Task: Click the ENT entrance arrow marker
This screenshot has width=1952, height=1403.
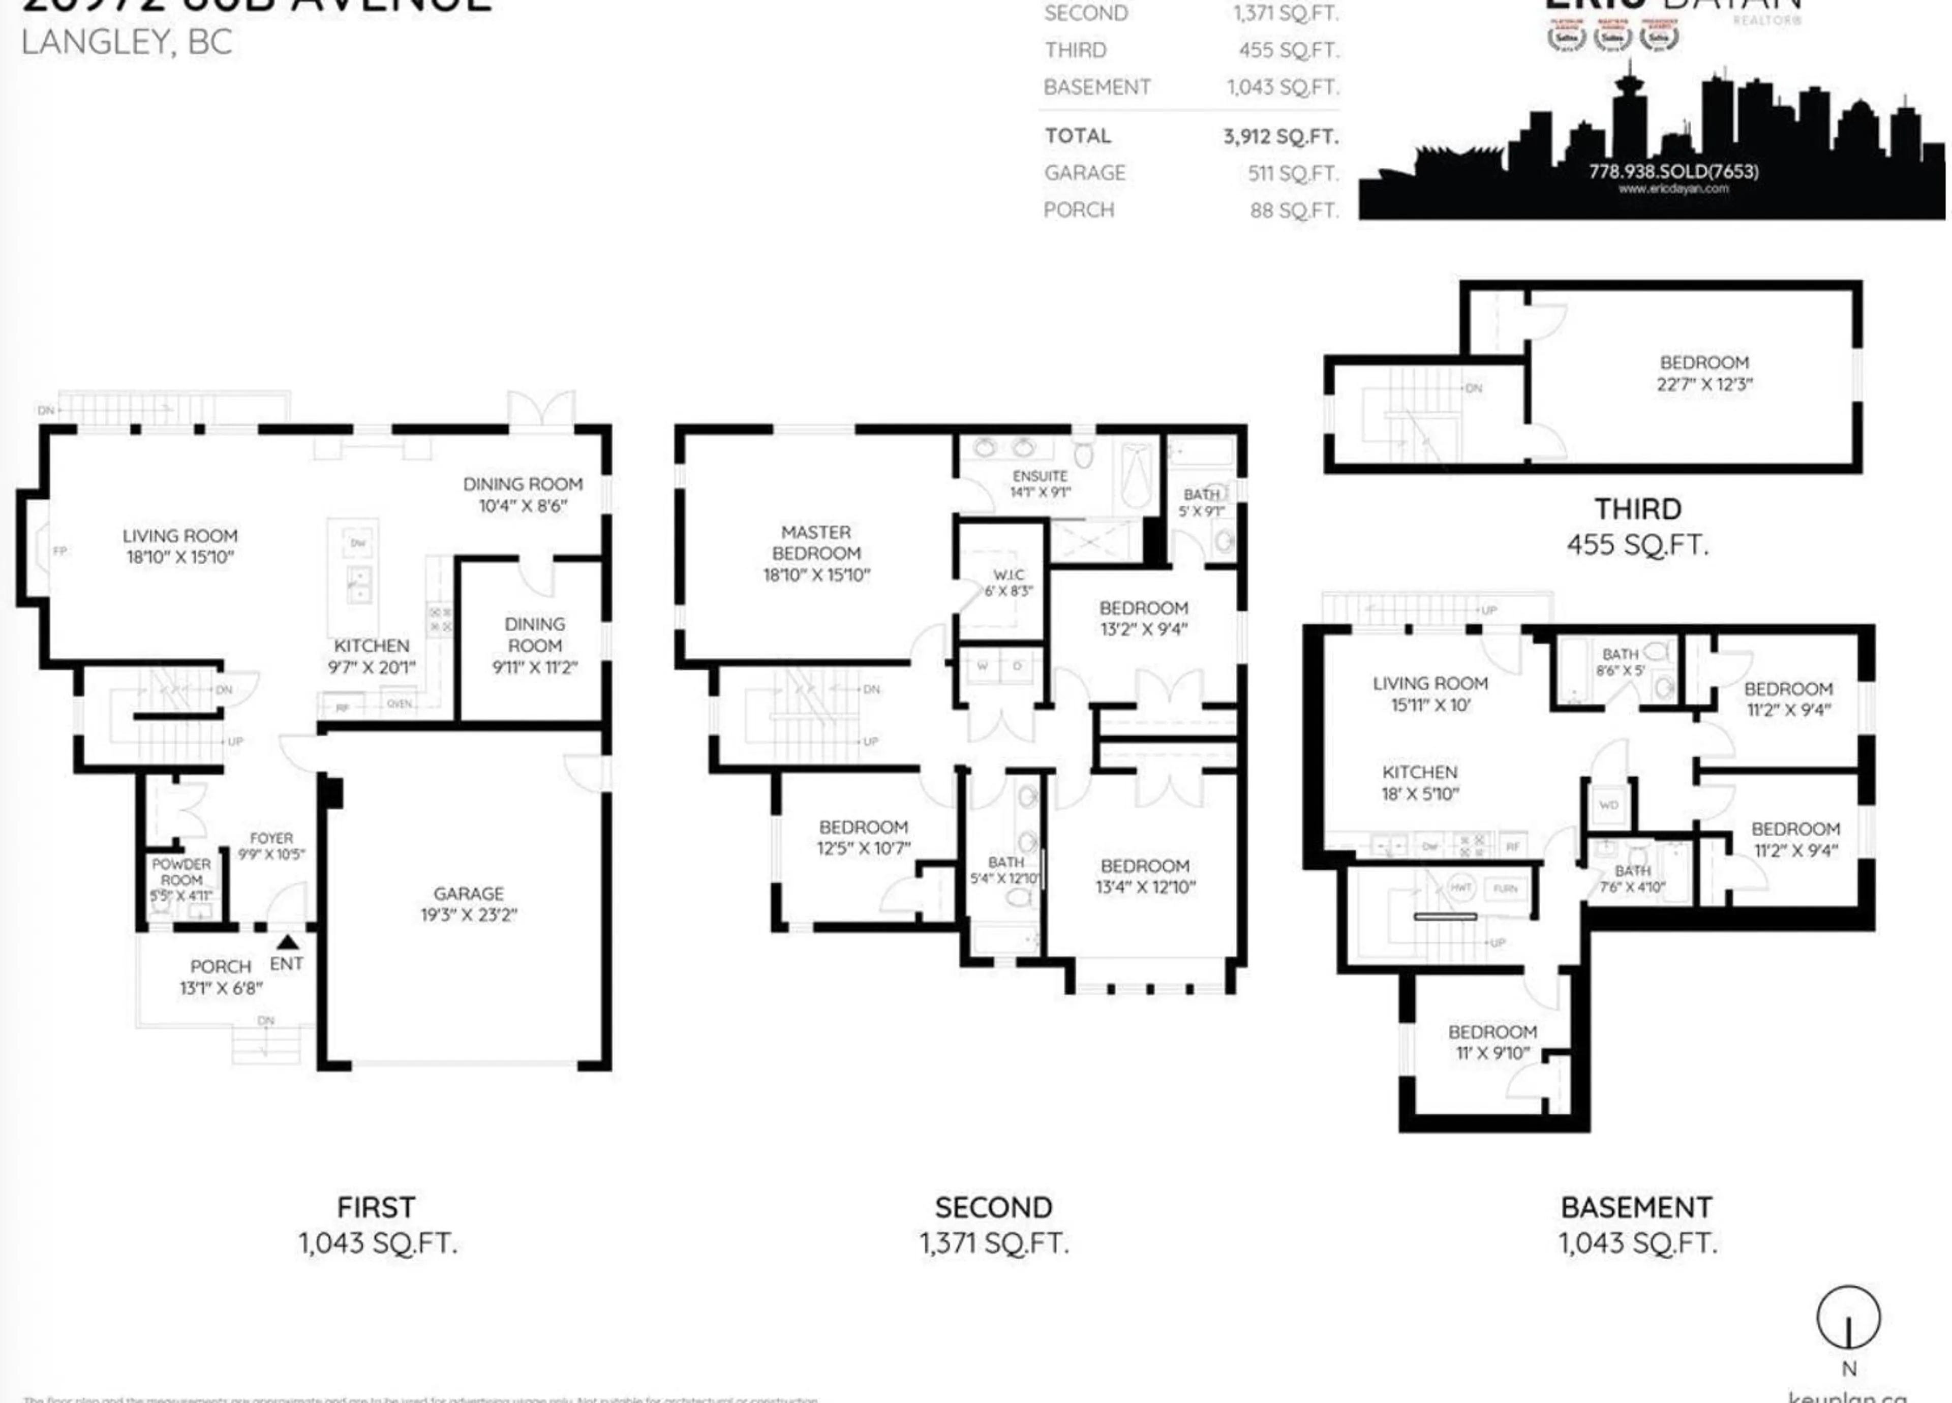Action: pyautogui.click(x=288, y=942)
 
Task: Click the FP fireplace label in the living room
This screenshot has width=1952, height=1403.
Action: pyautogui.click(x=59, y=551)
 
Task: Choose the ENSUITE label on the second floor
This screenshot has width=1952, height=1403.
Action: pyautogui.click(x=1040, y=476)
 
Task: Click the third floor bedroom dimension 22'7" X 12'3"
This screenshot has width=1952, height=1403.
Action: pyautogui.click(x=1704, y=384)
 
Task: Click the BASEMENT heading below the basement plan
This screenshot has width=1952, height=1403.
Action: pyautogui.click(x=1636, y=1208)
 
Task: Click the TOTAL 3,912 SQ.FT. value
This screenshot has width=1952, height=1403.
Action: pyautogui.click(x=1280, y=136)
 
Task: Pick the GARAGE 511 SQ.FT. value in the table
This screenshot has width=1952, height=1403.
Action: pyautogui.click(x=1293, y=173)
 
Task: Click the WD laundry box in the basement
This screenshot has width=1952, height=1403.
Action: pyautogui.click(x=1608, y=805)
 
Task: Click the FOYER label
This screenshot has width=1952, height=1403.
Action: pyautogui.click(x=271, y=838)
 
